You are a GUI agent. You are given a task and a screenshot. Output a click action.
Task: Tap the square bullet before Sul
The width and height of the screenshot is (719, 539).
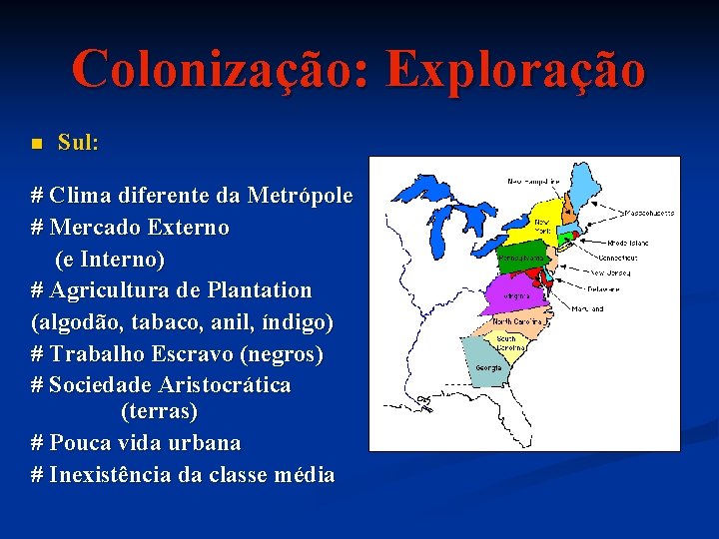pos(35,145)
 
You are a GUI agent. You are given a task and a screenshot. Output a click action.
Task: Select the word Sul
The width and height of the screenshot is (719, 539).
pos(78,143)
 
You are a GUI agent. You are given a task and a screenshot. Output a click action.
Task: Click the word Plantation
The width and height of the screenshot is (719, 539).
pos(260,290)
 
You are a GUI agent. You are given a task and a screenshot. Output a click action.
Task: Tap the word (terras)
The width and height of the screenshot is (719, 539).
pos(159,410)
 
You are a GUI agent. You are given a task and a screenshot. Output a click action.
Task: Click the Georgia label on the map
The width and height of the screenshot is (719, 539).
pos(488,367)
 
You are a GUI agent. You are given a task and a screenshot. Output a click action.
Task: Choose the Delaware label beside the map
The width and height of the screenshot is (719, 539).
pos(603,289)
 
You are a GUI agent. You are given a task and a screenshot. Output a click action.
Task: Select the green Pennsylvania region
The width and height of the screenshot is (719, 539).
pos(522,258)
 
